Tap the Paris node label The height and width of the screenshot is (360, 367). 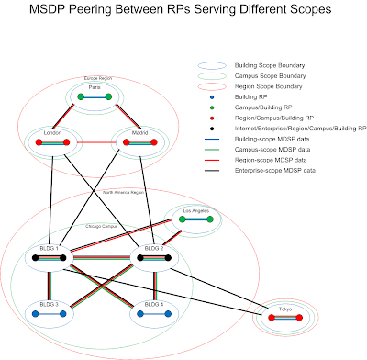click(95, 89)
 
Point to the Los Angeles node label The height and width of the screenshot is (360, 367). click(196, 212)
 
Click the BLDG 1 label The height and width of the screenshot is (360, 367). click(50, 249)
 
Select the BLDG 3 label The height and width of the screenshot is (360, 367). click(50, 304)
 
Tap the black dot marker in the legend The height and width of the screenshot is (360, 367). click(213, 129)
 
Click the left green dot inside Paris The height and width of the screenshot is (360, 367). click(81, 96)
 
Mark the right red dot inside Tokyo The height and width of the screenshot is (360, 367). click(299, 320)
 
